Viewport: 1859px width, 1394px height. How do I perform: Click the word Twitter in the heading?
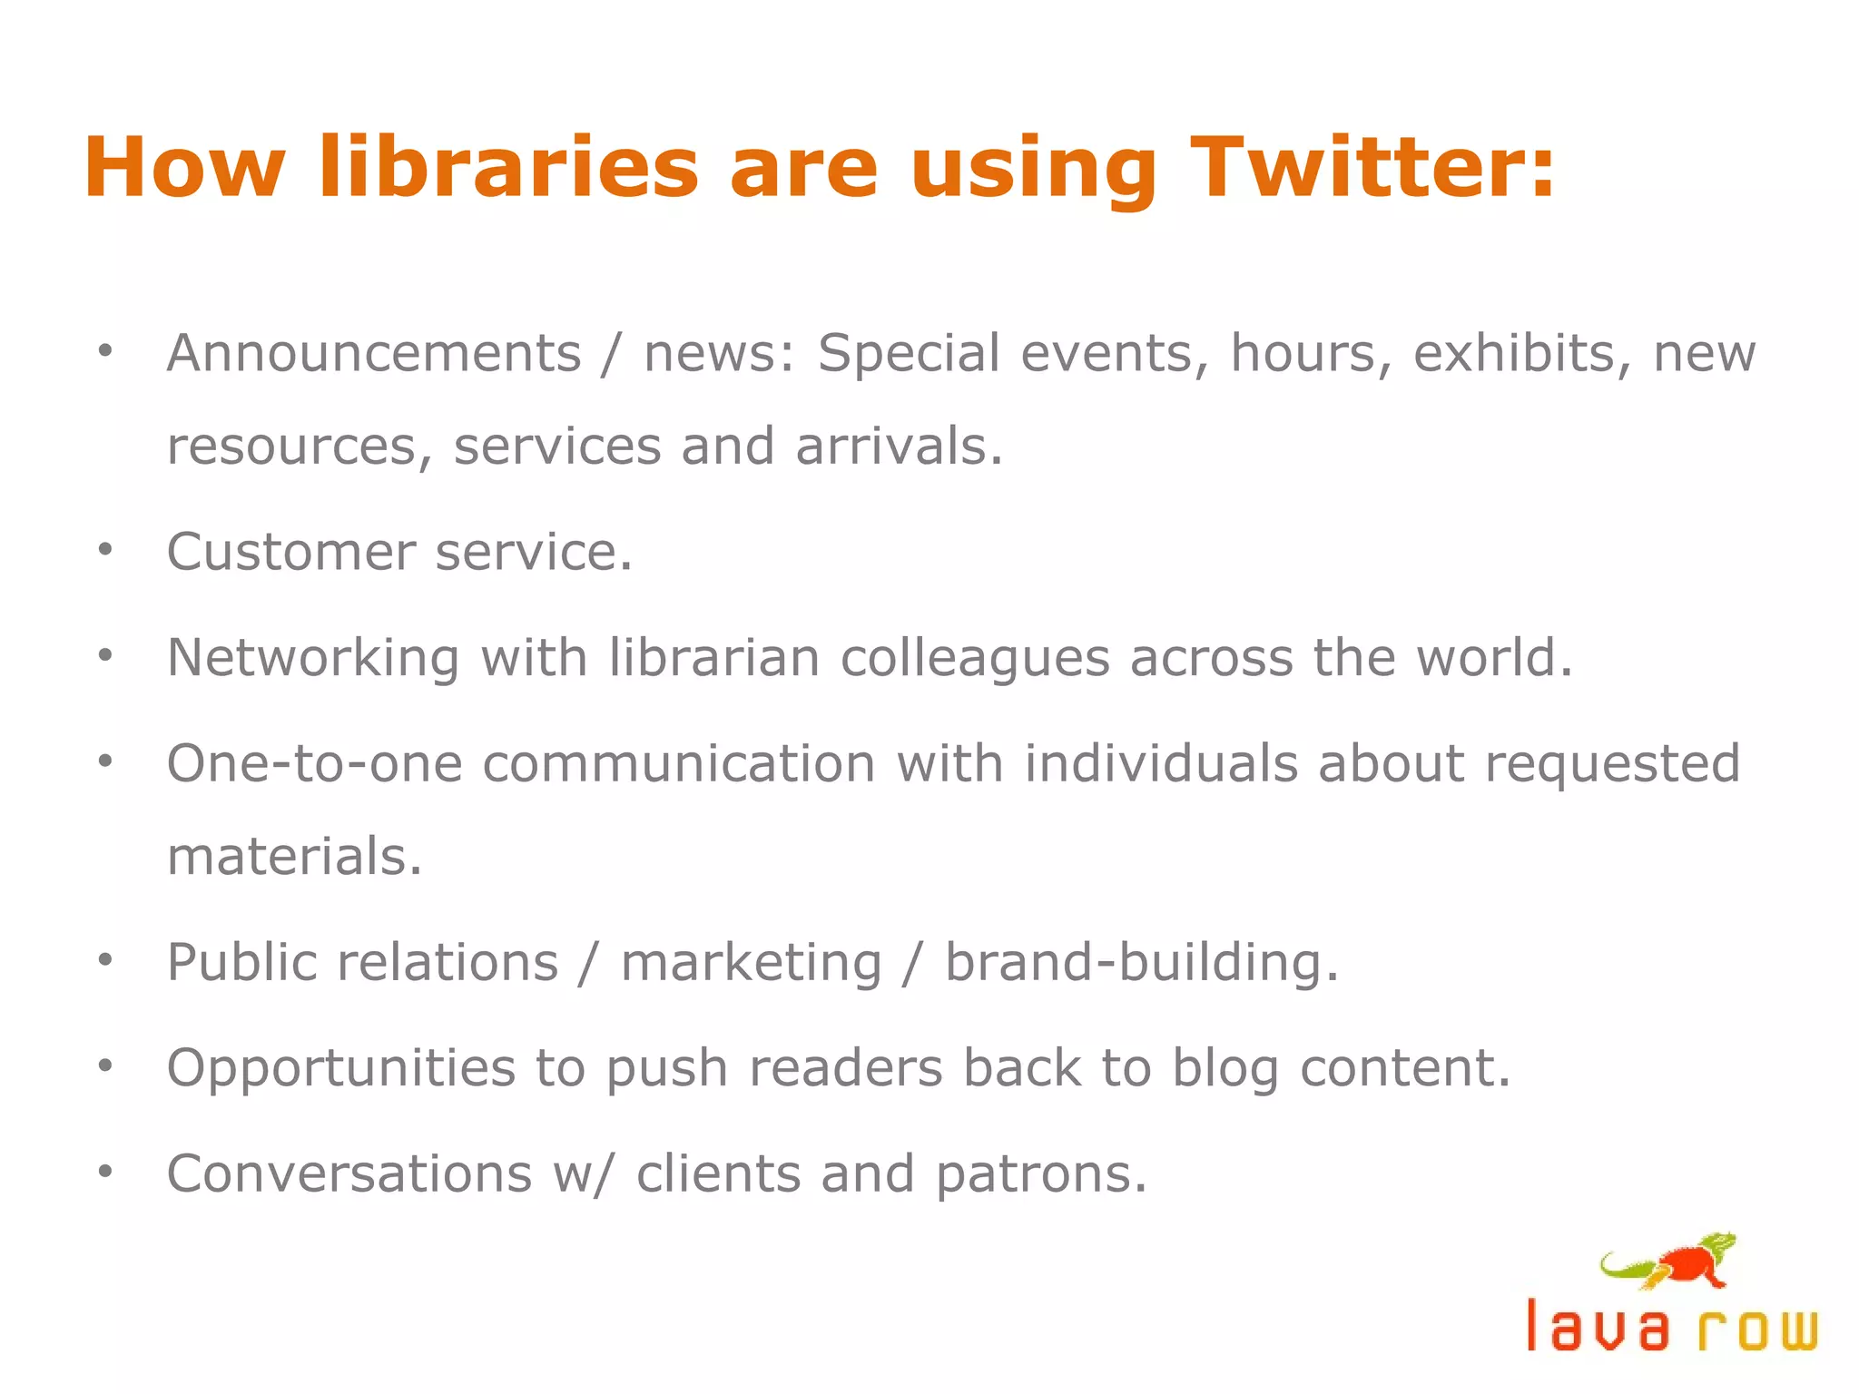(x=1372, y=168)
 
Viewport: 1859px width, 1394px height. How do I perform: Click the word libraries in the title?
(x=509, y=168)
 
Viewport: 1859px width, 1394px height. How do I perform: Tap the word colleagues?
(x=974, y=659)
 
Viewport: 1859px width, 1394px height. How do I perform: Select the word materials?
(x=294, y=857)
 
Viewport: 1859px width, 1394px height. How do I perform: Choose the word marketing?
(x=751, y=963)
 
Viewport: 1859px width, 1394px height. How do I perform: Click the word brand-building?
(x=1141, y=963)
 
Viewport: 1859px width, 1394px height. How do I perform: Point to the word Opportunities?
(x=341, y=1069)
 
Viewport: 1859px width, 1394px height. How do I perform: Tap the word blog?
(x=1225, y=1069)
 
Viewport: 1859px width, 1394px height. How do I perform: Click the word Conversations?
(x=349, y=1173)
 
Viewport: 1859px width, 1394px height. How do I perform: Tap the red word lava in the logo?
(x=1598, y=1327)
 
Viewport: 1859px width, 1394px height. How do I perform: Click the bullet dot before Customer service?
(x=105, y=549)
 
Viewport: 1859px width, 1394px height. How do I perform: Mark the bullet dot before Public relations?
(x=105, y=959)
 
